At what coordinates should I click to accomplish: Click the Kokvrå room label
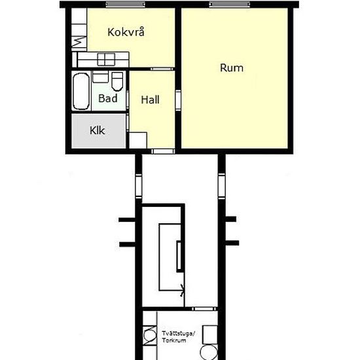coord(126,32)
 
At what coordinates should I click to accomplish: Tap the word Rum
coord(232,68)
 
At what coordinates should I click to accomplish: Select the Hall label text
coord(150,99)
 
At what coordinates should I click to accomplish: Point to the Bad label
coord(108,98)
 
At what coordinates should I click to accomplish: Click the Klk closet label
coord(98,130)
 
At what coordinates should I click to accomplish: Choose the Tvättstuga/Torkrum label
coord(179,337)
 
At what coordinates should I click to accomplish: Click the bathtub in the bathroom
coord(81,91)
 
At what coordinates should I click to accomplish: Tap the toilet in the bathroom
coord(117,81)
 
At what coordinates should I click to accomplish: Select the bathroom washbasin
coord(100,77)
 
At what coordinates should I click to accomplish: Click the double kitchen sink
coord(106,60)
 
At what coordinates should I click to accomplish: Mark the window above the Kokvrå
coord(126,4)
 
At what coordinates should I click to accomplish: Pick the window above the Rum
coord(230,4)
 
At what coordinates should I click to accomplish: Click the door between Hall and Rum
coord(178,101)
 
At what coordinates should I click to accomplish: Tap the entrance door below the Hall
coord(163,151)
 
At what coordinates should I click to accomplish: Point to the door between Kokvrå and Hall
coord(162,69)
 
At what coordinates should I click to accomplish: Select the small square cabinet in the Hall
coord(138,140)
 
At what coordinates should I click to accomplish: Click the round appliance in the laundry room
coord(209,352)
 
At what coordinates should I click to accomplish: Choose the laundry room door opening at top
coord(204,309)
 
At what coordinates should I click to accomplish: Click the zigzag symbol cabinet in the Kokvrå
coord(79,42)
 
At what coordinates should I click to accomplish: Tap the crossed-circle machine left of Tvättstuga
coord(150,336)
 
